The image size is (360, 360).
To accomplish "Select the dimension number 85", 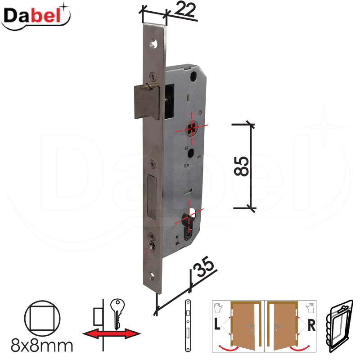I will [242, 166].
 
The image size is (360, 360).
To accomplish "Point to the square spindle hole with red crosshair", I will [193, 128].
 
